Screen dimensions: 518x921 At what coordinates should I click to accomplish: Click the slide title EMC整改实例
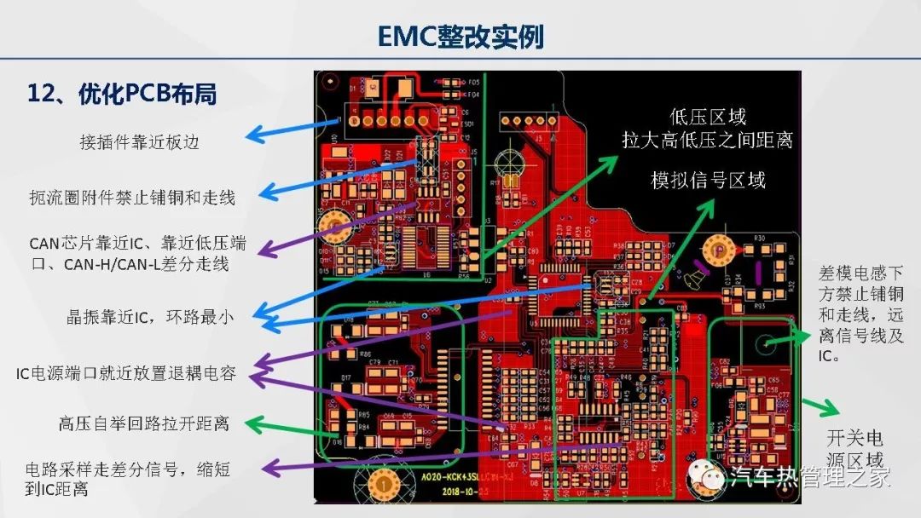click(460, 36)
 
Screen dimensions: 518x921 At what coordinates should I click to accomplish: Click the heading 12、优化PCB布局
click(122, 94)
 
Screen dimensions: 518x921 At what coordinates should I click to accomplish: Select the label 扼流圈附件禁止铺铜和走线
click(131, 198)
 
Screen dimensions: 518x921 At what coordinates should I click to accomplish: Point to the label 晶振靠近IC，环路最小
click(150, 317)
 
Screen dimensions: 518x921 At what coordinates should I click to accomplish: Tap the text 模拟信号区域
click(708, 180)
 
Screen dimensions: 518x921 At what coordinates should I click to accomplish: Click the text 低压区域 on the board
click(708, 117)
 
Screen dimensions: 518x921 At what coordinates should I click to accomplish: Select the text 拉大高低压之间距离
click(707, 139)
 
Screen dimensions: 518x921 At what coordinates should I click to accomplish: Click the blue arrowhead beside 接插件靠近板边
click(252, 135)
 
